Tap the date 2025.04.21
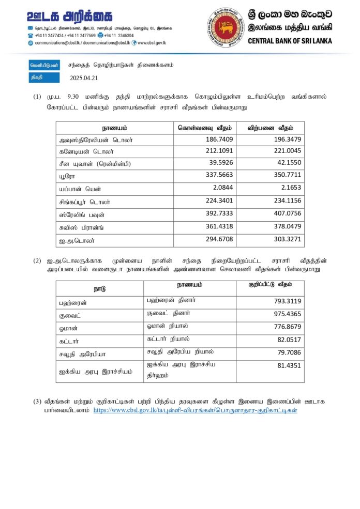(83, 78)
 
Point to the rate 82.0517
(289, 340)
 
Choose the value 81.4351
(289, 365)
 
